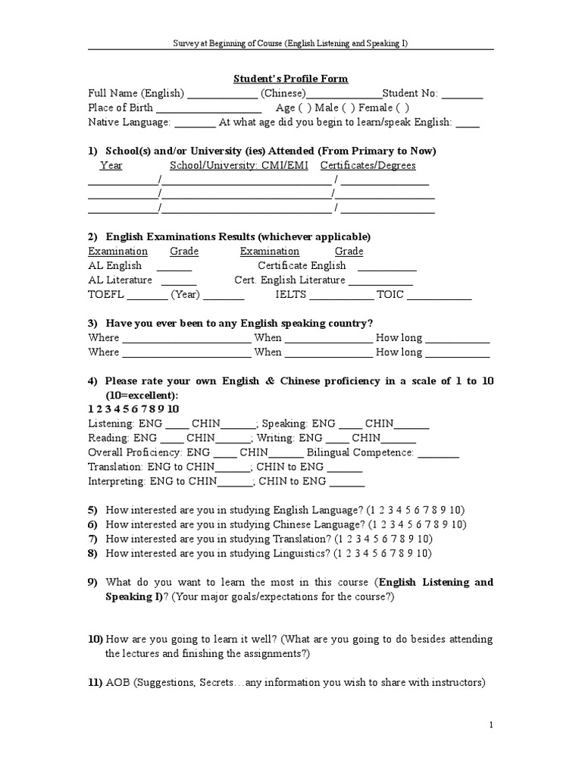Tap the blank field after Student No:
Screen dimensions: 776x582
(462, 95)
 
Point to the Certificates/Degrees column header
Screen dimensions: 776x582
(368, 165)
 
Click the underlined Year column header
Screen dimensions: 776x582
(111, 165)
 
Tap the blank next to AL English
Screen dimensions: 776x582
(174, 267)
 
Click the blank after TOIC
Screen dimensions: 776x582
(440, 296)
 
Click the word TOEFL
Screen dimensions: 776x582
(106, 295)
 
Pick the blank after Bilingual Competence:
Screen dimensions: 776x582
(438, 453)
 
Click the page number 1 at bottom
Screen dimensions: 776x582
(491, 725)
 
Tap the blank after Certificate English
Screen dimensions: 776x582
(386, 267)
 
